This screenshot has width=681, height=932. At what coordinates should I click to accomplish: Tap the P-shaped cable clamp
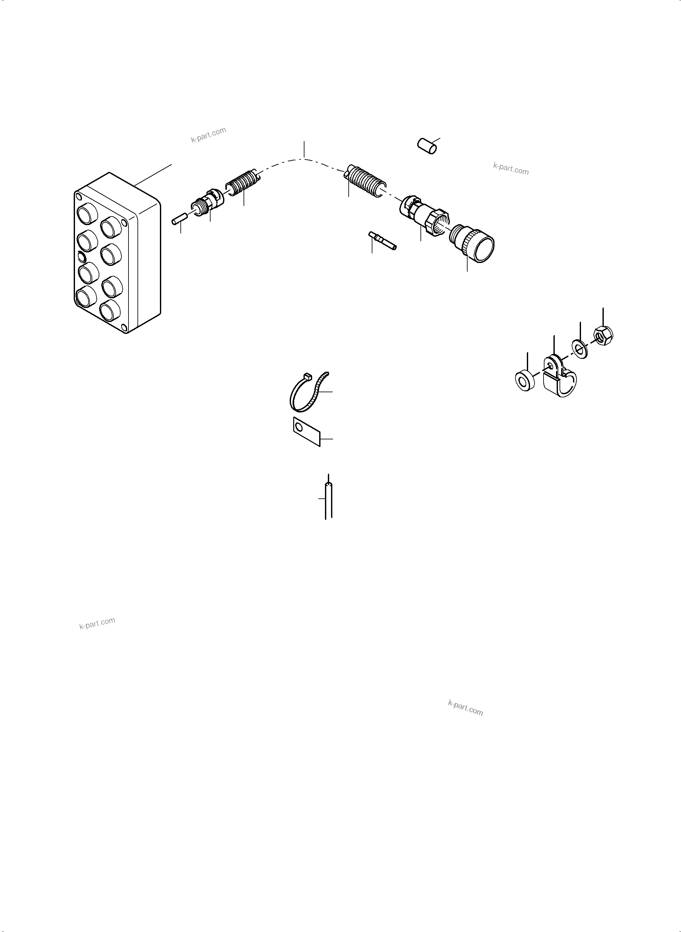(560, 379)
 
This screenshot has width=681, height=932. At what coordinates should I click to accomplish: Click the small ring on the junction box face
(82, 258)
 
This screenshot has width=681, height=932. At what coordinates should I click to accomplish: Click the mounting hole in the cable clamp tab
(551, 366)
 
